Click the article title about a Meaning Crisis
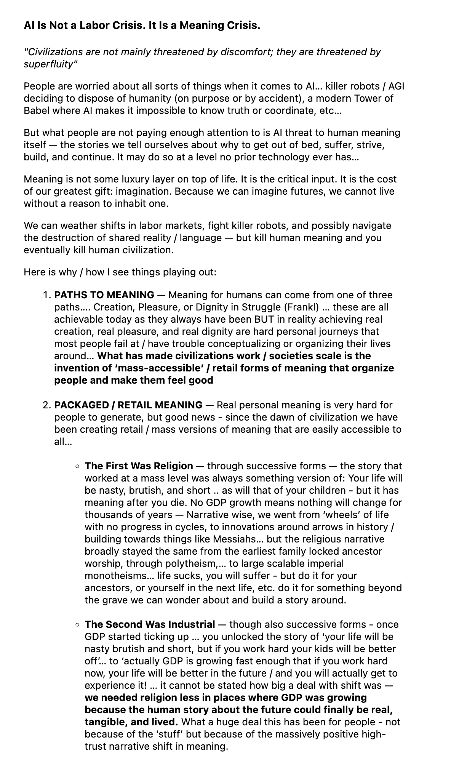coord(142,26)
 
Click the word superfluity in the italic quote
coord(48,64)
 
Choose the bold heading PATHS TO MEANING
coord(104,295)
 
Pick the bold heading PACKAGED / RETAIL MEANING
coord(128,405)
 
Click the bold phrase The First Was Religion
coord(139,466)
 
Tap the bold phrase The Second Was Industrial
coord(150,624)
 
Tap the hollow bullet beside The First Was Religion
coord(77,466)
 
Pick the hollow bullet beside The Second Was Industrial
coord(77,624)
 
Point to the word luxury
coord(126,179)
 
